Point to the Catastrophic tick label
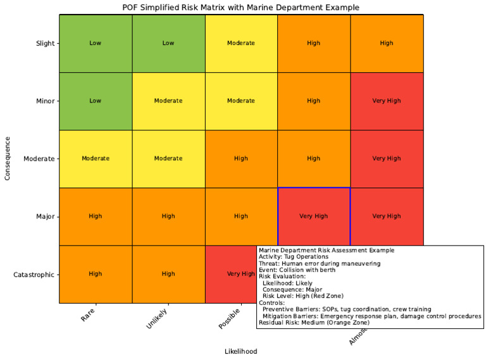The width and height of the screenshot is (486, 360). (x=34, y=275)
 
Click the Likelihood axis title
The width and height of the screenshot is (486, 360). (x=240, y=351)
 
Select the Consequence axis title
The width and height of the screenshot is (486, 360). (x=8, y=158)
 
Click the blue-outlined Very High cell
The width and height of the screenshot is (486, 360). (x=314, y=216)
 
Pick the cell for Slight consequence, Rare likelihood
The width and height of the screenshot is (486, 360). (x=96, y=43)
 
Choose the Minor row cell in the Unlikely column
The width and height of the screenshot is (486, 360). (x=168, y=101)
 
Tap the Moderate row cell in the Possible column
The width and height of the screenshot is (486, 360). (x=241, y=158)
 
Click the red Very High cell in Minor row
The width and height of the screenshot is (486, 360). (x=387, y=101)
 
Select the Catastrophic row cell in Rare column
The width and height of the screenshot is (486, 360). (x=96, y=275)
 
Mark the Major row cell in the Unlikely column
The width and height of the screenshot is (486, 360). (x=168, y=216)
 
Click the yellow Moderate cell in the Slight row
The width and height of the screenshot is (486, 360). (x=241, y=43)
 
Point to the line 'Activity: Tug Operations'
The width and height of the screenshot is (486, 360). (x=294, y=257)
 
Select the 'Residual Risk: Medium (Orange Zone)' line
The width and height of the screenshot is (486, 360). (x=314, y=323)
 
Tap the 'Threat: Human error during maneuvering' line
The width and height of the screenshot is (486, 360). (x=320, y=263)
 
